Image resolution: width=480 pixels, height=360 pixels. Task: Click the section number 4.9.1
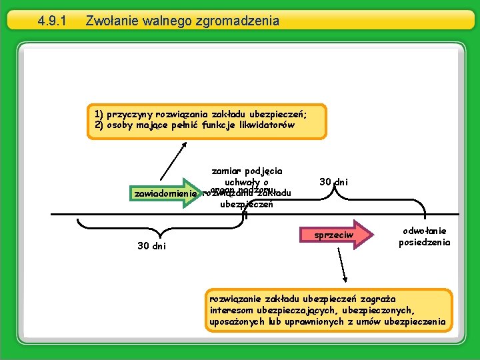pyautogui.click(x=52, y=21)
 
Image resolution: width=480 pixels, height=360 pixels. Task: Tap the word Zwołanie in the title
pyautogui.click(x=111, y=21)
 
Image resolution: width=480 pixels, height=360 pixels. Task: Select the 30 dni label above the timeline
pyautogui.click(x=333, y=182)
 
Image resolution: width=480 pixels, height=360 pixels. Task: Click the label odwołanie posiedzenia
pyautogui.click(x=425, y=237)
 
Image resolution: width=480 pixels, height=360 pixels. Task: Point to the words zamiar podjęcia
pyautogui.click(x=247, y=171)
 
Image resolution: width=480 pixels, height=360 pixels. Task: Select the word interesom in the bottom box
pyautogui.click(x=231, y=311)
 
